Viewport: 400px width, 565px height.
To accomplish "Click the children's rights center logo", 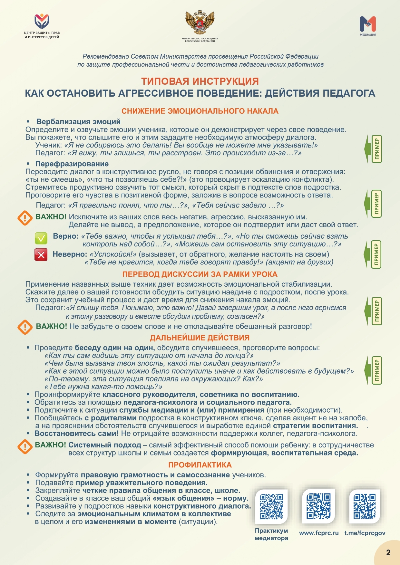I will click(x=42, y=22).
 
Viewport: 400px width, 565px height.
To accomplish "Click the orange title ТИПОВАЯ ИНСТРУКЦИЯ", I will click(x=200, y=81).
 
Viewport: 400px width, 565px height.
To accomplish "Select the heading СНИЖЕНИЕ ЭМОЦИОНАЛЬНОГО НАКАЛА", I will click(x=200, y=111).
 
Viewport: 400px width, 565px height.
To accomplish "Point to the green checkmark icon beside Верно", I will click(x=41, y=238).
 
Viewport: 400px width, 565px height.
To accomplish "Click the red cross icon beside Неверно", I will click(x=41, y=255).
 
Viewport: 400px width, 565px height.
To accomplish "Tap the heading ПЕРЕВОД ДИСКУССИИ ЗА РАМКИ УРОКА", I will click(x=200, y=274).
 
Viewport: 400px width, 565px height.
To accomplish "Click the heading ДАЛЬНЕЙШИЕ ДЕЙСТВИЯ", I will click(x=200, y=338).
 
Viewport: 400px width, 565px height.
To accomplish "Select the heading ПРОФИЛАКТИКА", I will click(x=200, y=465).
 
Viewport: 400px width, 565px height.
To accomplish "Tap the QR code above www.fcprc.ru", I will click(x=318, y=506).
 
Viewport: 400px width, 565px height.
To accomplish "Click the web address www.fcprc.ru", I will click(x=319, y=533).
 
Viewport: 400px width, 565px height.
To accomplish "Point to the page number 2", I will click(x=388, y=553).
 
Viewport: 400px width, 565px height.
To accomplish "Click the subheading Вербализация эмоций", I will click(x=78, y=122).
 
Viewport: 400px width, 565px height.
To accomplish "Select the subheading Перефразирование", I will click(x=72, y=164).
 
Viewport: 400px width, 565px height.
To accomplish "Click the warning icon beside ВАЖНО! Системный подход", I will click(x=25, y=447).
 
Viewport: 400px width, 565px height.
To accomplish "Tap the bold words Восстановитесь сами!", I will click(x=76, y=434).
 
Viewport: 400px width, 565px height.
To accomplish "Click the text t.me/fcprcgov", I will click(x=365, y=533).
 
